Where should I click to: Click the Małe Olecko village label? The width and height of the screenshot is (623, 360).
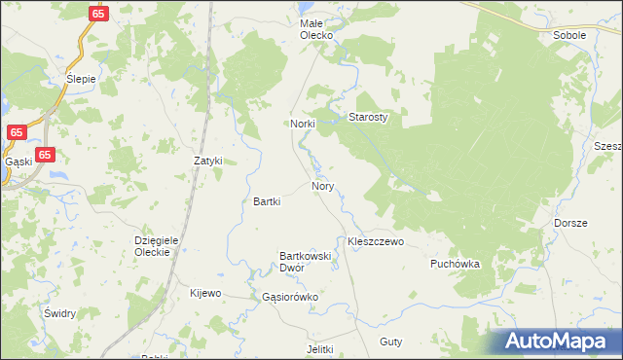click(x=315, y=28)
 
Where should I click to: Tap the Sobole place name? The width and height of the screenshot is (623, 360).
click(x=569, y=35)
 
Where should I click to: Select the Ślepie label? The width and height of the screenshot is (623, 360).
click(x=81, y=80)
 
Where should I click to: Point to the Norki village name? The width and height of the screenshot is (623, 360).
click(x=301, y=125)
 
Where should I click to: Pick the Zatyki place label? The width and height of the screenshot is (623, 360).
click(x=208, y=161)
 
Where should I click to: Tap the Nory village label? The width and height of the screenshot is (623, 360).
click(x=323, y=185)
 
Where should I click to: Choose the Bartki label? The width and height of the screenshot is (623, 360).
click(x=267, y=202)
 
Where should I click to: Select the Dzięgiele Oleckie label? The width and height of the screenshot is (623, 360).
click(x=152, y=245)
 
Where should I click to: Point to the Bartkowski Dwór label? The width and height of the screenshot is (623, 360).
click(x=306, y=261)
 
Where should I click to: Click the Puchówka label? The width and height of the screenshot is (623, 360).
click(x=456, y=264)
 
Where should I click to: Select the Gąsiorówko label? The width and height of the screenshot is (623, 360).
click(x=284, y=297)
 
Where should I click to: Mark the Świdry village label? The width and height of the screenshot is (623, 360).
click(x=59, y=314)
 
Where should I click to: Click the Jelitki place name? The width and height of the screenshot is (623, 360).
click(x=319, y=349)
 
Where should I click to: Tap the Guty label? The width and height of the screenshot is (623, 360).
click(x=391, y=342)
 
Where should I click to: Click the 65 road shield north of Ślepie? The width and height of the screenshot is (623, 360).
click(x=96, y=14)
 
